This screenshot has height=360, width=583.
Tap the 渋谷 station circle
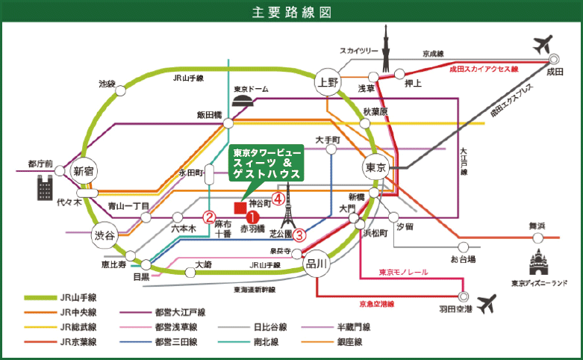(x=105, y=235)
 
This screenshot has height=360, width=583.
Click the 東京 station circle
(x=375, y=168)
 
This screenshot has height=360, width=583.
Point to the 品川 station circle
(x=317, y=264)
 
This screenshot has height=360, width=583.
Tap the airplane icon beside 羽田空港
(x=486, y=304)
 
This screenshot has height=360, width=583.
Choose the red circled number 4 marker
(x=278, y=199)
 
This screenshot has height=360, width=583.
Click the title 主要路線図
(x=290, y=13)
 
